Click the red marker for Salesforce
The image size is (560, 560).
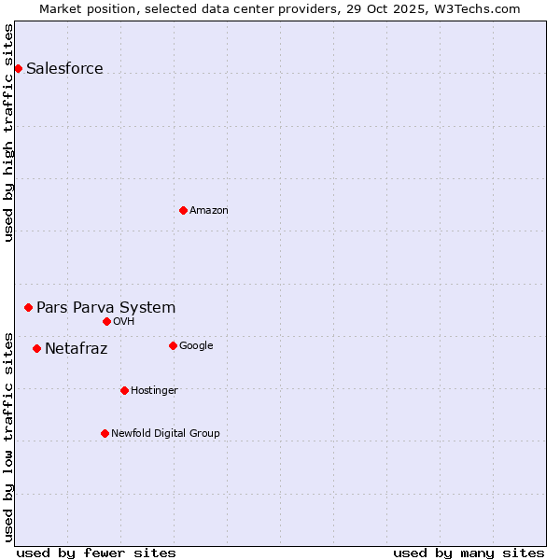point(18,68)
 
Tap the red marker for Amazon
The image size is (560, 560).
point(183,210)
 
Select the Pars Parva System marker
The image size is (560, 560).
point(28,307)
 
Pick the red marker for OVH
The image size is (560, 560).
point(106,321)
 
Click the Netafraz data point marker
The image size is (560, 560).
point(36,348)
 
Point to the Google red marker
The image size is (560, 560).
point(173,345)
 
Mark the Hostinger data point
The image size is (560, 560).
point(124,390)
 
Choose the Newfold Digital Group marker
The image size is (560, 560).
point(105,433)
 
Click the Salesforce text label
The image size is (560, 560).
point(64,68)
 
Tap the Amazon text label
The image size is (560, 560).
point(208,210)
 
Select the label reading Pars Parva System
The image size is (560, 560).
point(105,307)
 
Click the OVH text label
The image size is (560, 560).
point(124,321)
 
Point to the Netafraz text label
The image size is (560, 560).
point(76,349)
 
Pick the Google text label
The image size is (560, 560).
point(196,345)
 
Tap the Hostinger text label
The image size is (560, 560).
point(154,390)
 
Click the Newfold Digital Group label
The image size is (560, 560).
point(165,433)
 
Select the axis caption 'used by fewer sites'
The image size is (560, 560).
point(96,553)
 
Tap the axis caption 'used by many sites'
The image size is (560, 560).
point(469,553)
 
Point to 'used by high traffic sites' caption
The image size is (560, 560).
point(9,133)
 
